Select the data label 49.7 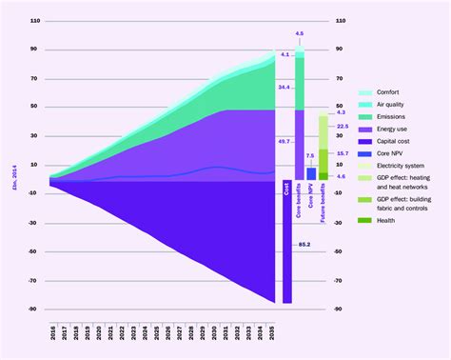pyautogui.click(x=284, y=141)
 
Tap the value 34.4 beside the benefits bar pyautogui.click(x=284, y=88)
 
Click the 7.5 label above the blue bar pyautogui.click(x=310, y=156)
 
